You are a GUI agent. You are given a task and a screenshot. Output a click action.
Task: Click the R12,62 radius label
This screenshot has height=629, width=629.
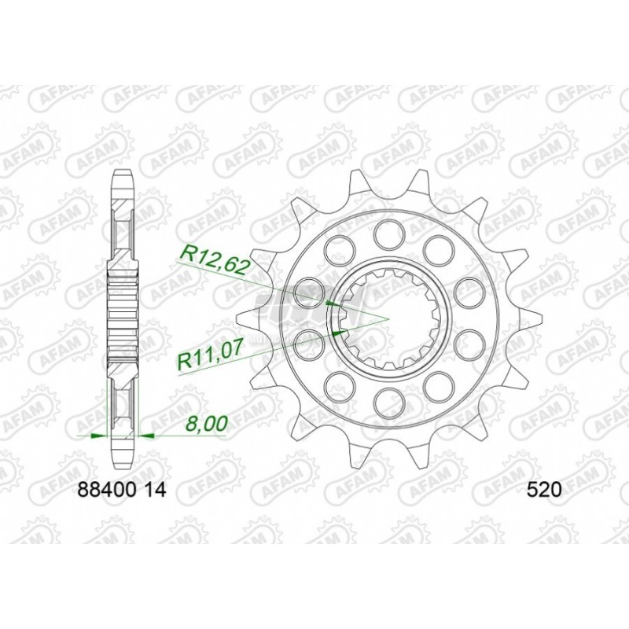point(215,257)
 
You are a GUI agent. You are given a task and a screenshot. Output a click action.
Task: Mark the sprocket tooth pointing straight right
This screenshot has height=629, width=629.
point(528,317)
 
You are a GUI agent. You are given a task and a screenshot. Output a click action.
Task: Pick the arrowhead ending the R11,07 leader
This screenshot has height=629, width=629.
point(340,331)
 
